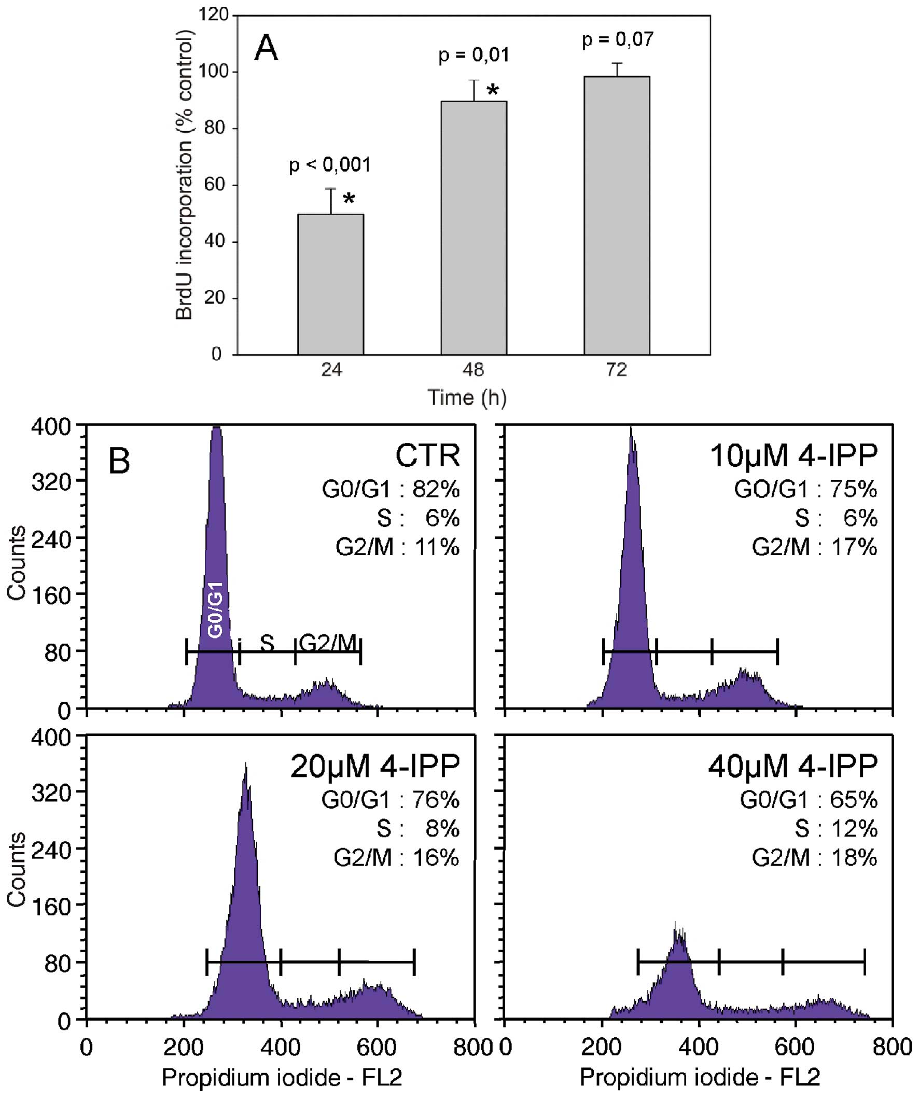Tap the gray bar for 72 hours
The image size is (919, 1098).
[617, 215]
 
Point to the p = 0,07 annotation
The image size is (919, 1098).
[618, 40]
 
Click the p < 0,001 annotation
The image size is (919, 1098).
[330, 165]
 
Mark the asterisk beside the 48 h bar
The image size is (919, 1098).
[493, 91]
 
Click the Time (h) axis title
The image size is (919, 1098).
[467, 398]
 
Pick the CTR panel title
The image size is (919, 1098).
[428, 456]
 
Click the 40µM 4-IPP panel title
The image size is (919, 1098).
[792, 767]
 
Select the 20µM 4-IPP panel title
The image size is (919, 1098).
[375, 767]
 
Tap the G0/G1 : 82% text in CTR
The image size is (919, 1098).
[391, 490]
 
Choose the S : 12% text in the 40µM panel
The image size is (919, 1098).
[836, 829]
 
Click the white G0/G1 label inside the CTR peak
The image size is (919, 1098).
[215, 609]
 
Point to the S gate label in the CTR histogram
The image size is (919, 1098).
[267, 643]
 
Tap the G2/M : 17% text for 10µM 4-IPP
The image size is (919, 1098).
[814, 547]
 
